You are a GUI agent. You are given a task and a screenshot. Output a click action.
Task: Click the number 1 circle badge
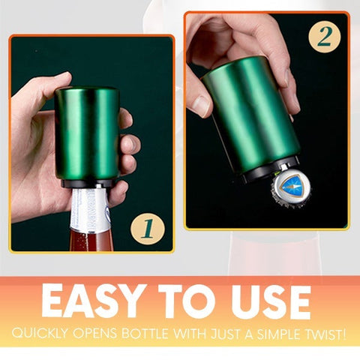148,229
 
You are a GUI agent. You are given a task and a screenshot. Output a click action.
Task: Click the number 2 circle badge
325,37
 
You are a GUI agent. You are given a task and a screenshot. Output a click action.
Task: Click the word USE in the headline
271,301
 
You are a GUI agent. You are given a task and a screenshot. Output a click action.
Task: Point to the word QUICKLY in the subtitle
40,334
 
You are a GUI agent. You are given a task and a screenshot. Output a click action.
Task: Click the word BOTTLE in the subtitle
145,333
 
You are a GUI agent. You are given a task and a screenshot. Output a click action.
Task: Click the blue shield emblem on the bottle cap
291,185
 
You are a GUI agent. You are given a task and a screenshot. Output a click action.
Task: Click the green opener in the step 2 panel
250,115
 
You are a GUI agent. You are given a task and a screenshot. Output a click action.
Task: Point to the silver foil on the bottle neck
91,208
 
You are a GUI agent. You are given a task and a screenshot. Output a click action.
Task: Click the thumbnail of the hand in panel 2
202,106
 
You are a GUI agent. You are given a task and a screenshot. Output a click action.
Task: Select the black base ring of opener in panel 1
86,183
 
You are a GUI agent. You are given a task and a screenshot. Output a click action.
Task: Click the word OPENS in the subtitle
95,333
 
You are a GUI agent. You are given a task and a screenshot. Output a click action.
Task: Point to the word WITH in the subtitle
189,334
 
